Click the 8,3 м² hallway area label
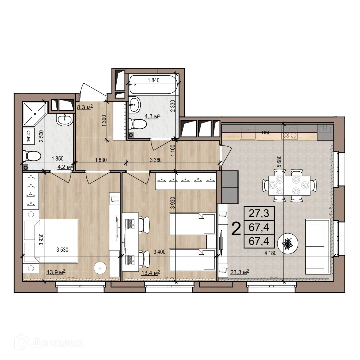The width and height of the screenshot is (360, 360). tap(85, 107)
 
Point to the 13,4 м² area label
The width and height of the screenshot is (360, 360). tap(151, 273)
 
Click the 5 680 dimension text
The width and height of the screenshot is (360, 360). tap(279, 161)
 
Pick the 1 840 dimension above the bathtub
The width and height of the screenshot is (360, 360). tap(154, 80)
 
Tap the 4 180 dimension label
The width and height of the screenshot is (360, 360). tap(270, 253)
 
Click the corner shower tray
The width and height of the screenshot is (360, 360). tap(34, 114)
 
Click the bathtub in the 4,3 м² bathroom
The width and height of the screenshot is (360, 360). tap(153, 85)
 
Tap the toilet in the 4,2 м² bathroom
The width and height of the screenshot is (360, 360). tap(32, 156)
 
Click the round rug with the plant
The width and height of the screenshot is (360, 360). tap(288, 243)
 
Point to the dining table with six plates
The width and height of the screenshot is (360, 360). tap(289, 185)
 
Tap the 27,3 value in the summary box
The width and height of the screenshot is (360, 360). tap(259, 213)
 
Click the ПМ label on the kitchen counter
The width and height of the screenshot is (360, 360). tap(265, 133)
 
